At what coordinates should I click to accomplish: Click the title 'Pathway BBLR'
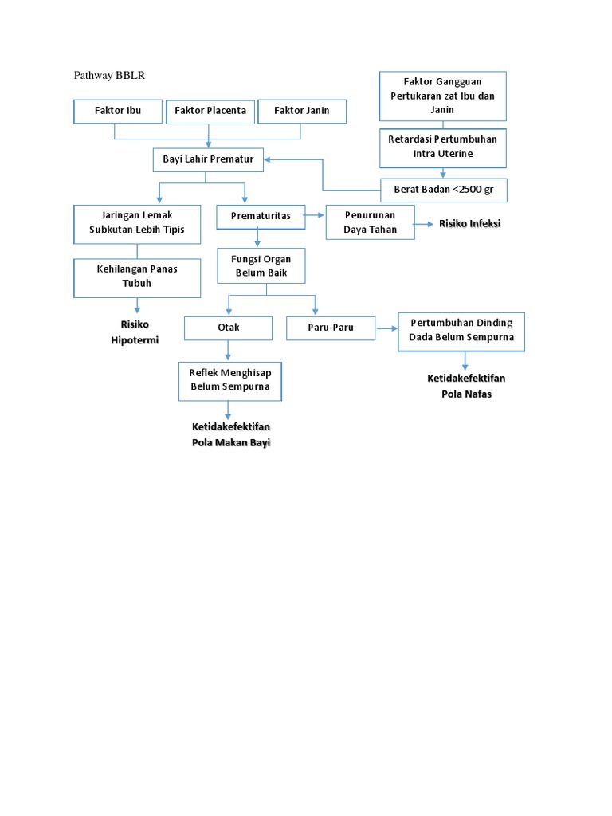tap(110, 75)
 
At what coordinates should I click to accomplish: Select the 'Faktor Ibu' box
tap(117, 111)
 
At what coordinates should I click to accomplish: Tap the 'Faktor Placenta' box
tap(210, 111)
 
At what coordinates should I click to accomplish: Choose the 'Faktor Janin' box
tap(302, 111)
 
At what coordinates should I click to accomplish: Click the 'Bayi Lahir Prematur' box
tap(208, 159)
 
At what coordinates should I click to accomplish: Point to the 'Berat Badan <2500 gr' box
tap(443, 190)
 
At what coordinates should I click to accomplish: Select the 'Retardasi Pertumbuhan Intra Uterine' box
tap(442, 147)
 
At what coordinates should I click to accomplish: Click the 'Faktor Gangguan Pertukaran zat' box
tap(442, 96)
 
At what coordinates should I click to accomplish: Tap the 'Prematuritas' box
tap(261, 216)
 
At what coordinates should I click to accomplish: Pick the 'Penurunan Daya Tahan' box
tap(370, 222)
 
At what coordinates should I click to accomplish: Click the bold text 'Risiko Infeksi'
tap(469, 224)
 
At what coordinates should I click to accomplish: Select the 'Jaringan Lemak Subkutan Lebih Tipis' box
tap(137, 222)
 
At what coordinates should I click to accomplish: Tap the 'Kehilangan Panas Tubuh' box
tap(137, 277)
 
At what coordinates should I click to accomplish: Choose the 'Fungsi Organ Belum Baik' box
tap(261, 265)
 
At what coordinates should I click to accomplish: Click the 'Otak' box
tap(229, 328)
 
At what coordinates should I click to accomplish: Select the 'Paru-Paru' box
tap(331, 328)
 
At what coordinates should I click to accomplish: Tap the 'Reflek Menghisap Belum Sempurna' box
tap(229, 380)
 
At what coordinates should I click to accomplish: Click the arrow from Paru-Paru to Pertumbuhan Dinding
tap(386, 327)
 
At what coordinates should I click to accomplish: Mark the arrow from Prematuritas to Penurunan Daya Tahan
tap(315, 215)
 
